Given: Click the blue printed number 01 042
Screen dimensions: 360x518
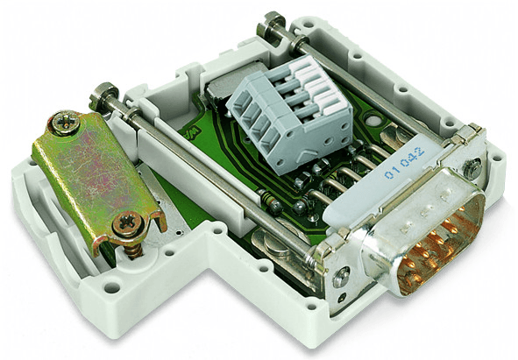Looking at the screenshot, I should click(x=405, y=164).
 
